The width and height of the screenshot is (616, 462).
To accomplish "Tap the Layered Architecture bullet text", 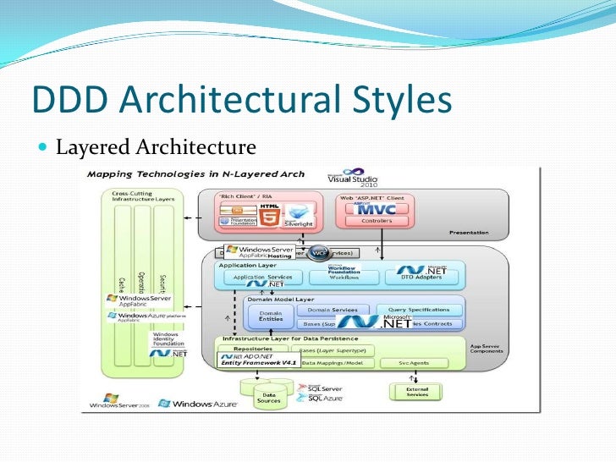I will (156, 148).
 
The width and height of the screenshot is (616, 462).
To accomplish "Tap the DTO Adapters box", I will (421, 277).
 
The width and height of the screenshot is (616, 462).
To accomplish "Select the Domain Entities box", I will (265, 316).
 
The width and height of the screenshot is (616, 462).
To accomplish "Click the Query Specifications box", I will (420, 310).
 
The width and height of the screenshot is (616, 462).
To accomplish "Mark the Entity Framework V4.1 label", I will (256, 362).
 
